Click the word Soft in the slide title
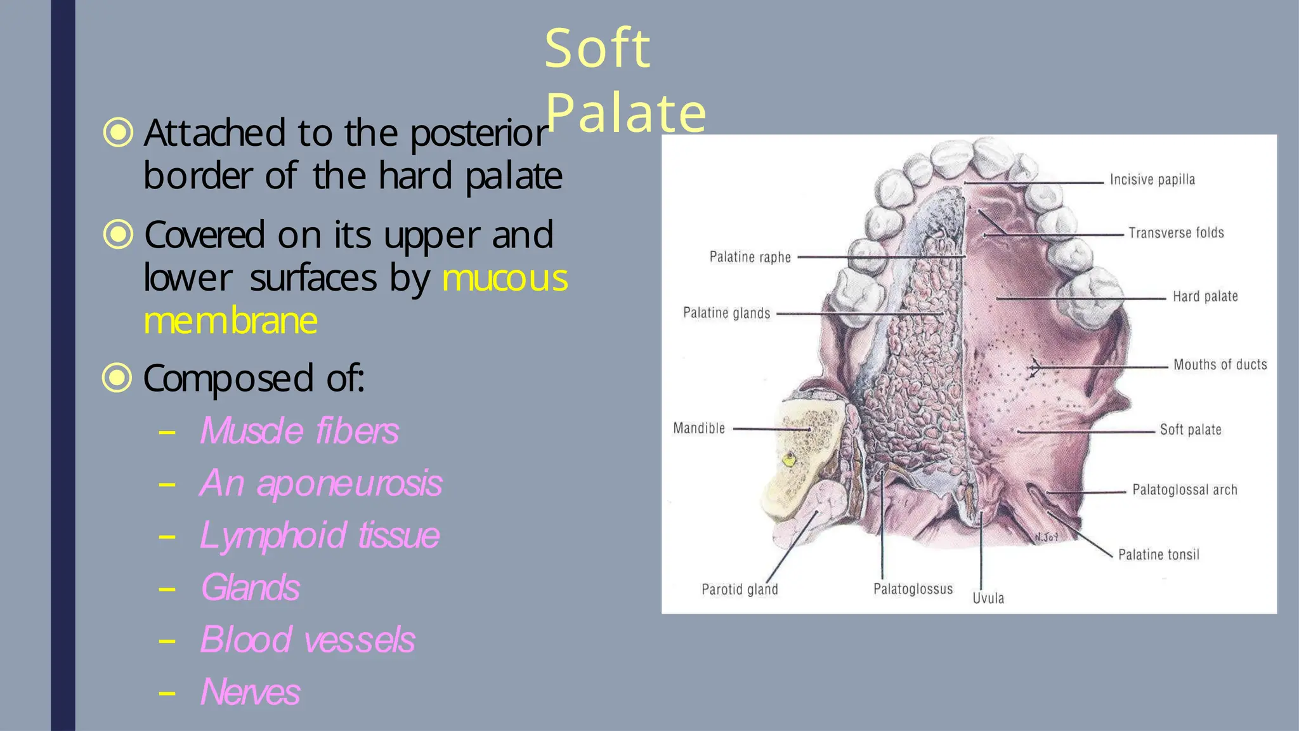tap(597, 49)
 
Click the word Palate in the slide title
tap(625, 113)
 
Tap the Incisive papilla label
tap(1152, 180)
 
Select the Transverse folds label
tap(1176, 234)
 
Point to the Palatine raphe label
tap(750, 258)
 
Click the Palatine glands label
tap(726, 313)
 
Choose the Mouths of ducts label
tap(1220, 365)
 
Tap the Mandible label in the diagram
tap(699, 429)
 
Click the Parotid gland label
tap(740, 590)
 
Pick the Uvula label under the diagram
tap(988, 598)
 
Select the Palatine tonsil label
tap(1159, 555)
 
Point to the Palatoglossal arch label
tap(1185, 491)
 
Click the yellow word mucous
tap(505, 279)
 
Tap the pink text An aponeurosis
tap(320, 484)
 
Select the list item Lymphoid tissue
tap(319, 536)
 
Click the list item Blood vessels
tap(307, 640)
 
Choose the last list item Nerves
tap(250, 692)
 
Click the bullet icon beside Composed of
tap(117, 378)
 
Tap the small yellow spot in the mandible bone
tap(789, 459)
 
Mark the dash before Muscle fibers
tap(167, 433)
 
